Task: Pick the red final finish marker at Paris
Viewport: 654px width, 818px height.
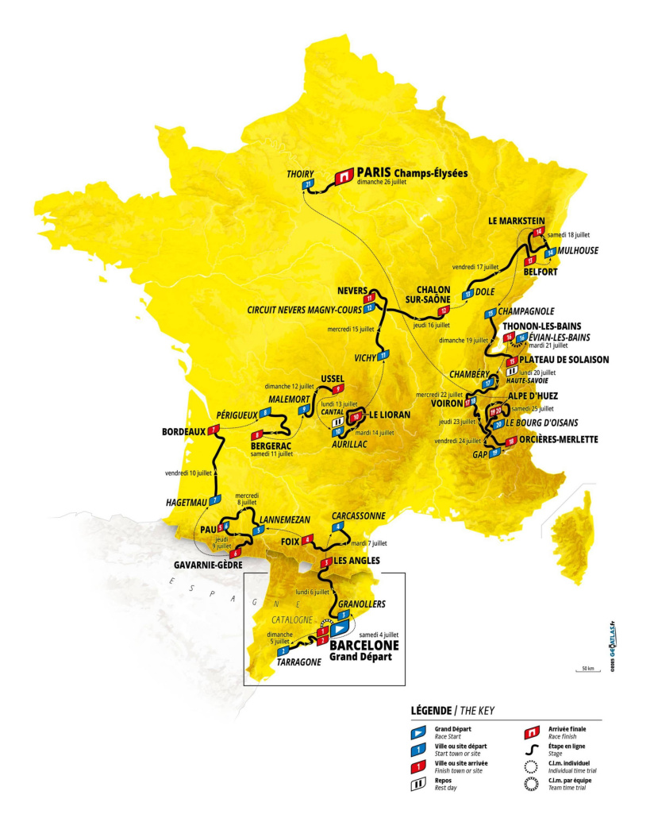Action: click(x=344, y=176)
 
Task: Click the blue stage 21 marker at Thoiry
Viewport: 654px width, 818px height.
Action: click(x=310, y=185)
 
